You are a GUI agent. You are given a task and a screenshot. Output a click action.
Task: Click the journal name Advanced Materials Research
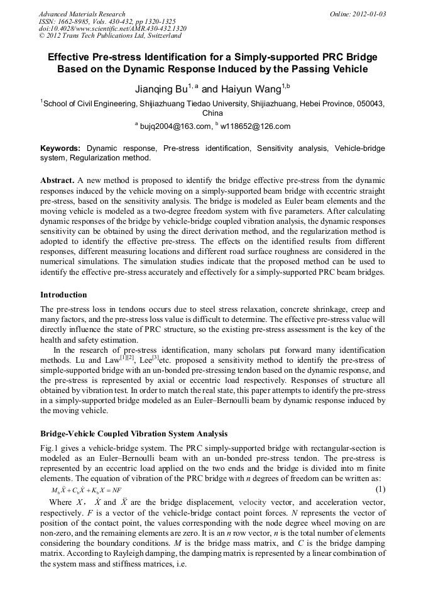pos(82,14)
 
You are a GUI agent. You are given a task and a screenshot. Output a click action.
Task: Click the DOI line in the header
pos(112,28)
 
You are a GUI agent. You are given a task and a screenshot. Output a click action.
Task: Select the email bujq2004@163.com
pos(175,126)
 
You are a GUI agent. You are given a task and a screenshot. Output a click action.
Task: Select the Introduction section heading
pos(63,295)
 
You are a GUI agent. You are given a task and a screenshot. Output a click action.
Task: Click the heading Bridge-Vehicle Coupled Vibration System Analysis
pos(134,434)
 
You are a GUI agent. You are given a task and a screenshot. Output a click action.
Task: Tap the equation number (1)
pos(380,489)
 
